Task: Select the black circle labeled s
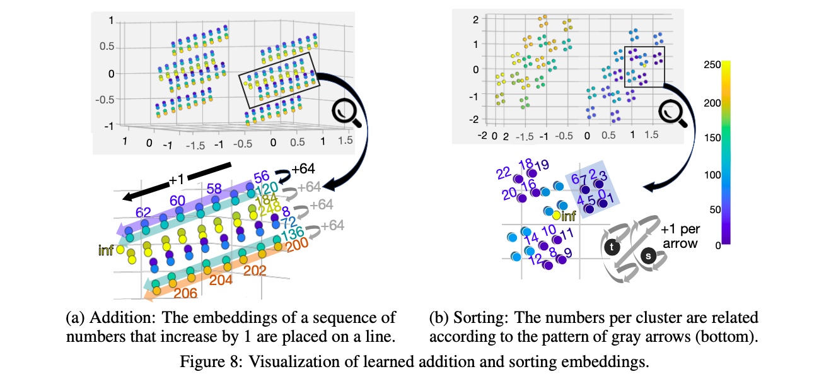click(x=648, y=256)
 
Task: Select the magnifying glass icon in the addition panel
click(x=344, y=114)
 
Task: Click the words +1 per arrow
click(x=678, y=236)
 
